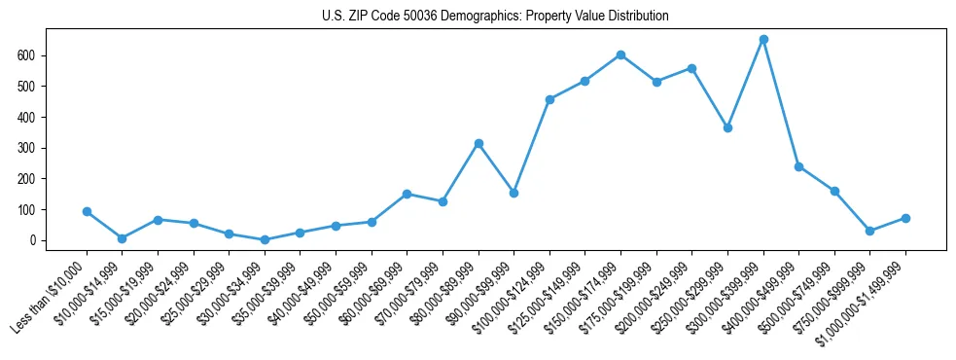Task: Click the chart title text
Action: point(495,17)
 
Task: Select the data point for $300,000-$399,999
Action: point(763,40)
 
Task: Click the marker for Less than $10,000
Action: point(87,211)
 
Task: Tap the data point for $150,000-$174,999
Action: point(620,54)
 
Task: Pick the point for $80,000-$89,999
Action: point(478,143)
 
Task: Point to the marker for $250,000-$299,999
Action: point(727,127)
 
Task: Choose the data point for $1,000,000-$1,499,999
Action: point(905,218)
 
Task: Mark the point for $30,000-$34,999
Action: point(265,239)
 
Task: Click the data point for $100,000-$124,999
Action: point(549,99)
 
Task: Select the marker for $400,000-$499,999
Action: point(798,166)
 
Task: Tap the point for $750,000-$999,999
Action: point(870,231)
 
